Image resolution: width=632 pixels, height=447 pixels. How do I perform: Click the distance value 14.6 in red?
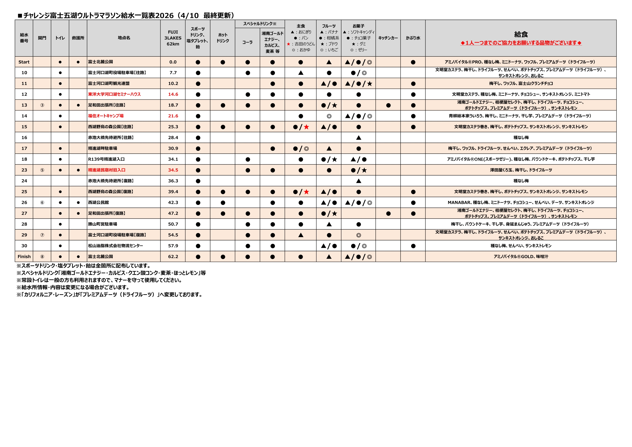(173, 94)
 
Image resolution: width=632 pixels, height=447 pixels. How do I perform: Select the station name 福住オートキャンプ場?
(106, 116)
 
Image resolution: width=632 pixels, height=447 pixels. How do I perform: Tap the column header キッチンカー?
(388, 38)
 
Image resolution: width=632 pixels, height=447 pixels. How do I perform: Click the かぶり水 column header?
(413, 38)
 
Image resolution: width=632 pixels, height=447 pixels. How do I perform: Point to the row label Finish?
(24, 257)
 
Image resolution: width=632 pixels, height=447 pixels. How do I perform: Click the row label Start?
(24, 62)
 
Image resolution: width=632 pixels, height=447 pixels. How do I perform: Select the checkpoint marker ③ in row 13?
(42, 105)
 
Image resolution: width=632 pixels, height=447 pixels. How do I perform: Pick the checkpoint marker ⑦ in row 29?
(42, 235)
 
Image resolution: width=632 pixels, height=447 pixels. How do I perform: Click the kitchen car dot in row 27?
(388, 213)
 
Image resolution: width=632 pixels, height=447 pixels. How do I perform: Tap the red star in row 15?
(306, 127)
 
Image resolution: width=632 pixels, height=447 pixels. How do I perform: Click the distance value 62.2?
(173, 257)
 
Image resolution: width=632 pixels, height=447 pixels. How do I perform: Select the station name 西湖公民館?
(98, 203)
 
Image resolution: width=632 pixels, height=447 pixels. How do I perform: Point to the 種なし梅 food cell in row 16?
(521, 137)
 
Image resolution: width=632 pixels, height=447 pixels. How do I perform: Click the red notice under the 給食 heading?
(521, 43)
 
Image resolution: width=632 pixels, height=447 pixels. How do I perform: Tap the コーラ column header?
(247, 42)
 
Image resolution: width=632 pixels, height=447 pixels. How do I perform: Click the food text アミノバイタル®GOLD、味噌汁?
(521, 257)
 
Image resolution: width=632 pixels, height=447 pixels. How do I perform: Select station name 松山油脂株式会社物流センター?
(115, 246)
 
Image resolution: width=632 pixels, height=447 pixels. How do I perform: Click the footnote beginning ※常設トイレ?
(99, 280)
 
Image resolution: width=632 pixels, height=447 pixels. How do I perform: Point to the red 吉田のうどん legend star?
(288, 44)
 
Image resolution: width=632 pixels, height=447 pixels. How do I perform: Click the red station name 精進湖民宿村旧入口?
(107, 170)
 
